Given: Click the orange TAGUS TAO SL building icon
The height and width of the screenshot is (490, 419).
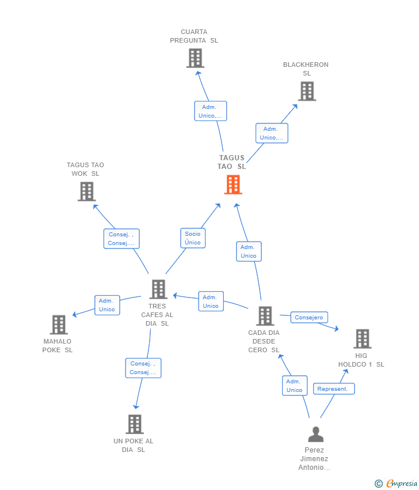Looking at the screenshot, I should coord(233,184).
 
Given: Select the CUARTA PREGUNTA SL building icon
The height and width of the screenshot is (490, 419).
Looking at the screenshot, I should coord(195,58).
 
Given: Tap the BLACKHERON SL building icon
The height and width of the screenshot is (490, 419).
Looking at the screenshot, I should coord(307,91).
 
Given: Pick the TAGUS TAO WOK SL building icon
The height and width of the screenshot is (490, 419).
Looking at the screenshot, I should coord(86,191).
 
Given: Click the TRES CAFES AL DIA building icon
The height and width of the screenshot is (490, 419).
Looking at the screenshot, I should coord(158,289).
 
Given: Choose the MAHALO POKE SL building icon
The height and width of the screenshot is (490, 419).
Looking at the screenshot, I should coord(59,325).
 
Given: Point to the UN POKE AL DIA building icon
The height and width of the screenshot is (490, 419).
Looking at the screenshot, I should coord(134,424).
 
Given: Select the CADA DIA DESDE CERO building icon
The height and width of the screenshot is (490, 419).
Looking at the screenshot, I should coord(265,316).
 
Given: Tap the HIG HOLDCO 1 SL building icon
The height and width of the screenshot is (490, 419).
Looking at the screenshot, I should coord(362,338).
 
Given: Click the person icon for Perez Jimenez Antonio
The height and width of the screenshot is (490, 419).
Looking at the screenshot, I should coord(315,434).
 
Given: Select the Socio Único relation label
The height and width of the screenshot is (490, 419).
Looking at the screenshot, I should coord(193,238).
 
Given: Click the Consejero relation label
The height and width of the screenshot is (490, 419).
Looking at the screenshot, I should coord(309,318).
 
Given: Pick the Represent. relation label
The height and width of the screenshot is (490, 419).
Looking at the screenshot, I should coord(333,389).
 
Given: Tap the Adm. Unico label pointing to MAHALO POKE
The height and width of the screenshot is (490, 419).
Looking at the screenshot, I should coord(106,305).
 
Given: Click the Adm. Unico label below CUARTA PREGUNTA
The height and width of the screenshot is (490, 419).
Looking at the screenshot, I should coord(210,111).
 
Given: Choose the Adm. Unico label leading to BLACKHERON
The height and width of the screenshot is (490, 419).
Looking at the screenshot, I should coord(271,133).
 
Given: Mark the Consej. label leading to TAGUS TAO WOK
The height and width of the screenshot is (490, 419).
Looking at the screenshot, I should coord(121,239).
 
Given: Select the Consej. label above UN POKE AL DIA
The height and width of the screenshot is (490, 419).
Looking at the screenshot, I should coord(143,368).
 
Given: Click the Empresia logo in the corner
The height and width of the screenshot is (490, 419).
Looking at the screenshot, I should coord(397,483).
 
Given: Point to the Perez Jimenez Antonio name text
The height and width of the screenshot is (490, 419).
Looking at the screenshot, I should coord(315,459).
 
